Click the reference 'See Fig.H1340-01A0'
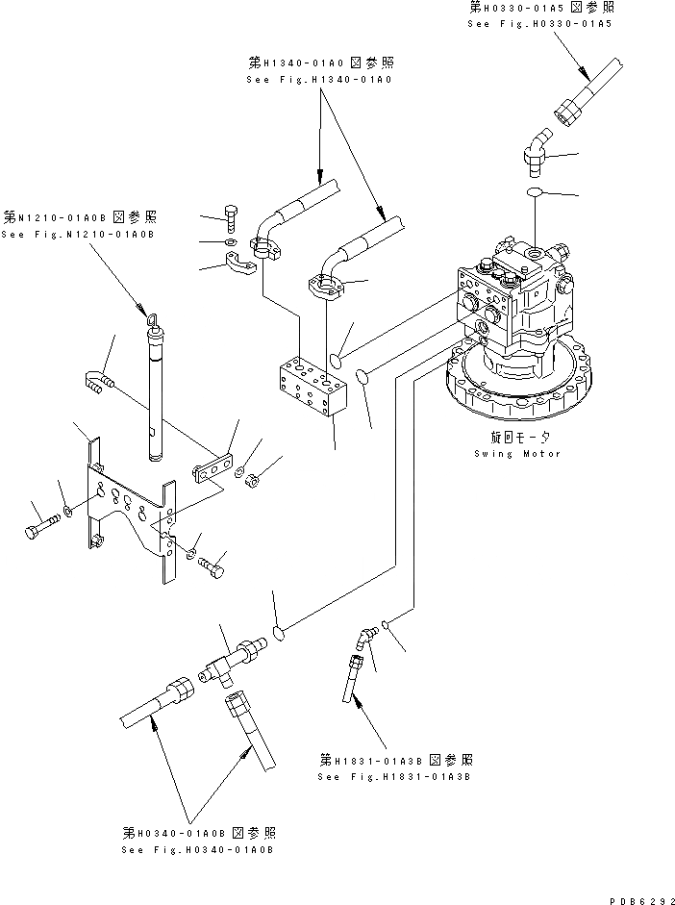point(318,78)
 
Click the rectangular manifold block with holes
point(309,389)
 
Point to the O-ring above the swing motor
point(537,195)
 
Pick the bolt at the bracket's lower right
point(212,568)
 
